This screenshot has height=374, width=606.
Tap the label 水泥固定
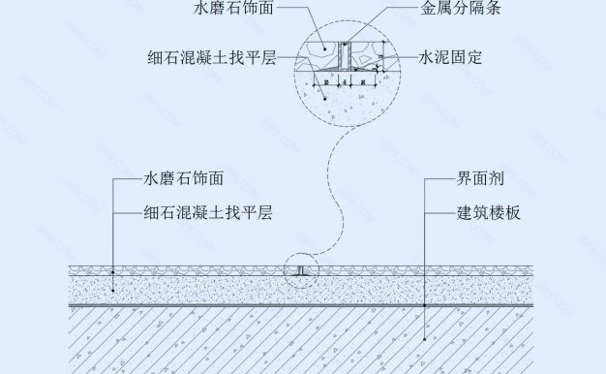(x=451, y=58)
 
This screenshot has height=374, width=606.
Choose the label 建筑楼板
(x=489, y=212)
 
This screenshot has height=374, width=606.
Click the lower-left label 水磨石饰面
(x=184, y=179)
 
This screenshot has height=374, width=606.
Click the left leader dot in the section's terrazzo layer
(x=114, y=269)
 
